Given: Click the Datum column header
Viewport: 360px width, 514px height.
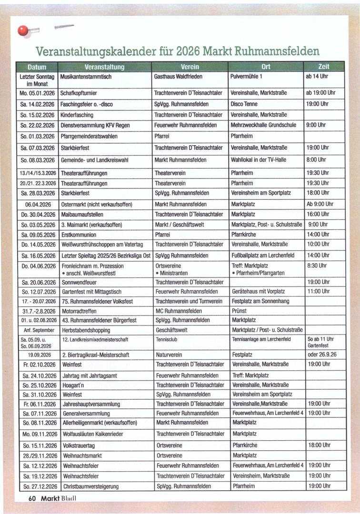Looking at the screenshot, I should pos(37,67).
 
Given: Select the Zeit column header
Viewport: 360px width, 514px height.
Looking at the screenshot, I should pos(324,67).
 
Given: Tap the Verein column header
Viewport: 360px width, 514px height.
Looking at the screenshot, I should pos(190,67).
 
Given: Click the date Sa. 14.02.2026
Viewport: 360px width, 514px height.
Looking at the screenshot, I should pos(38,104).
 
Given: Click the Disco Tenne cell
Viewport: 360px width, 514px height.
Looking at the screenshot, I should pos(244,104).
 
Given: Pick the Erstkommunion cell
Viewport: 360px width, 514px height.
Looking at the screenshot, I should pos(79,235).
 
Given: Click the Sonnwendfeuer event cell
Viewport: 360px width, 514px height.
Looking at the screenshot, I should pos(80,282).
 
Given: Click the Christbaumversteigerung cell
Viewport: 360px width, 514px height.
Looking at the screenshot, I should pos(90,486).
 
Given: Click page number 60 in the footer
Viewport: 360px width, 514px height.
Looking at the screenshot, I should pos(31,498).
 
